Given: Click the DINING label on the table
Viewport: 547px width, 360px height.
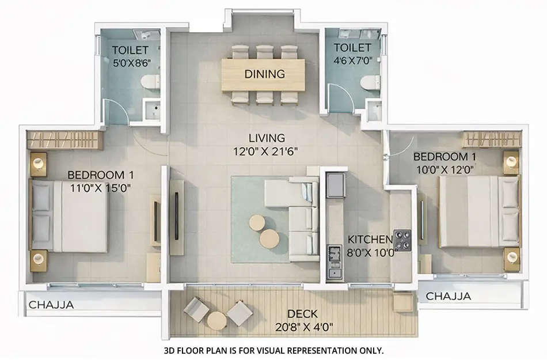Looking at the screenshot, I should pos(264,74).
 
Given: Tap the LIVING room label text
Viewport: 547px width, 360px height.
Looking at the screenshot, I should pos(267,138).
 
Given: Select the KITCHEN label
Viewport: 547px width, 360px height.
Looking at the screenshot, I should pos(370,239).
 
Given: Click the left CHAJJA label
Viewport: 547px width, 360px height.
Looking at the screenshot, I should pos(51,305).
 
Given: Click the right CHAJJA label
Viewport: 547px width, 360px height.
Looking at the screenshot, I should pos(448,297).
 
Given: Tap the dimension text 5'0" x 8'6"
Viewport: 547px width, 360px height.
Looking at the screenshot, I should pos(130,63).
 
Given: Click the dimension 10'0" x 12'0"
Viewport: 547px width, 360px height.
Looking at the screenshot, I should pos(445,169).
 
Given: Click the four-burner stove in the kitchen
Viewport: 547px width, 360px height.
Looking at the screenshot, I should pos(401,240).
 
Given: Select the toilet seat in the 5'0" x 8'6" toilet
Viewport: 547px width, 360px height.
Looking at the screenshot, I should pos(150,82).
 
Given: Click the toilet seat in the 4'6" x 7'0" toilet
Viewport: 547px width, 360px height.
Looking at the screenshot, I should pos(367,84).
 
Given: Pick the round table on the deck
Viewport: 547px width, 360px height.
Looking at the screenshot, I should pos(217,320).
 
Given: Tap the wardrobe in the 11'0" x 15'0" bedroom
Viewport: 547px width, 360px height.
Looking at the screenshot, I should pos(64,139).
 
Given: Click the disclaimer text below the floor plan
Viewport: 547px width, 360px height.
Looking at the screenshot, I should pos(273,350).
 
